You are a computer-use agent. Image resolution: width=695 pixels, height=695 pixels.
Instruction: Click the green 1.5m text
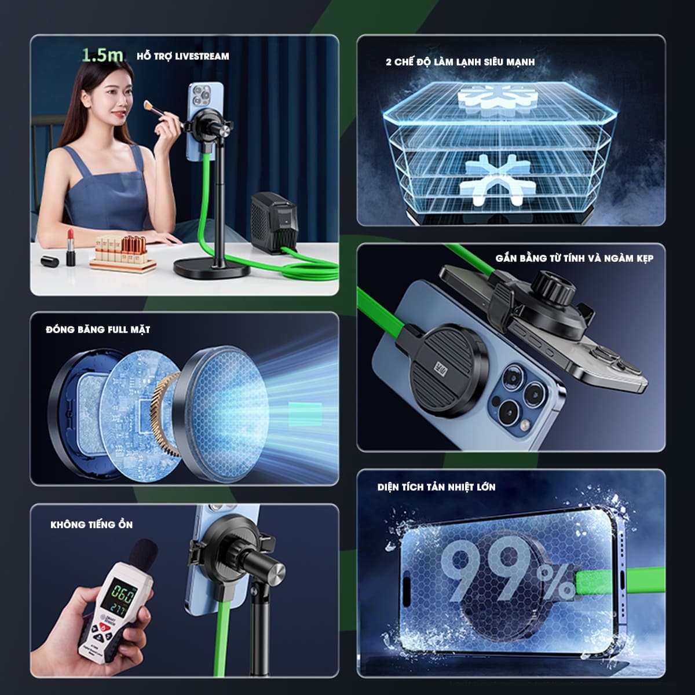coord(103,55)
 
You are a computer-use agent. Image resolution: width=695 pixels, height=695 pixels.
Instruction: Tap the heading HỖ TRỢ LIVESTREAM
coord(183,56)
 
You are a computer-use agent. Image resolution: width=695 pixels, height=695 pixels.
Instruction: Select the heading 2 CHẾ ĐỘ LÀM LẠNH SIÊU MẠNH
coord(460,62)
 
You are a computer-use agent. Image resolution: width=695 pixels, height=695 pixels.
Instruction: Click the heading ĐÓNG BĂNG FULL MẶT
coord(98,330)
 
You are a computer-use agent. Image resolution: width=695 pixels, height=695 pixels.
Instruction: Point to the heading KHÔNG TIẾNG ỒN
coord(92,525)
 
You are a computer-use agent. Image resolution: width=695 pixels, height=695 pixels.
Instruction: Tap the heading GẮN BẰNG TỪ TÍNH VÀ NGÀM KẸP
coord(574,258)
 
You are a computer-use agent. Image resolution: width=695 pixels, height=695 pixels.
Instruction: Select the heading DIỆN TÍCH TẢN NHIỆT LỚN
coord(436,487)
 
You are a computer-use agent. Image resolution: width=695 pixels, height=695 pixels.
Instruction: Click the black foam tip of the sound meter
coord(143,555)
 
